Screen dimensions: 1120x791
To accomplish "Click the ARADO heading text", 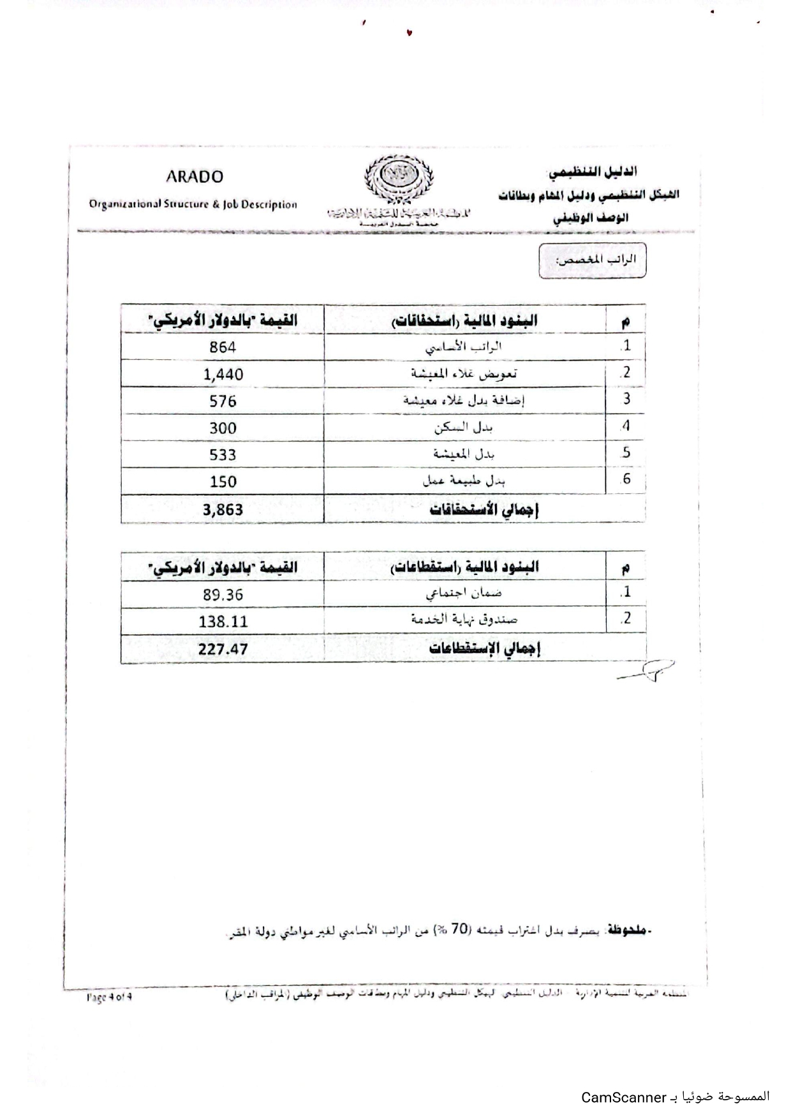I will coord(195,177).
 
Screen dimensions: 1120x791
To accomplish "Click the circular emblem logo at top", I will coord(398,177).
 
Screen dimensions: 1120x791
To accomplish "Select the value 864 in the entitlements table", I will coord(223,347).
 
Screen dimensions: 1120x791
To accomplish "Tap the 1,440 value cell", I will coord(223,375).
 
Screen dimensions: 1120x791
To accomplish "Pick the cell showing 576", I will coord(223,401).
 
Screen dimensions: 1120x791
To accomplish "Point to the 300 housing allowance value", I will coord(223,428).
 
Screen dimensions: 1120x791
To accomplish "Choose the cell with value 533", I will coord(223,455).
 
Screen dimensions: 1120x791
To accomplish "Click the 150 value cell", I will coord(223,482).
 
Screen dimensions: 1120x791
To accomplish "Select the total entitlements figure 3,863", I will coord(223,509).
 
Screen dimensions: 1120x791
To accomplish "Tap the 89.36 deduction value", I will coord(223,595).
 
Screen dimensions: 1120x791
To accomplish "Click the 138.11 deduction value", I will coord(223,622).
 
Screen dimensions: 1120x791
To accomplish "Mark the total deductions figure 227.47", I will coord(223,650).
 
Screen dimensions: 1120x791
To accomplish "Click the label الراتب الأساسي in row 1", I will coord(464,347).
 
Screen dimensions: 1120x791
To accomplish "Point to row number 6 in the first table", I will coord(626,479).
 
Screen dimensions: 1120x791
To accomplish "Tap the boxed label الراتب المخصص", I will coord(593,260).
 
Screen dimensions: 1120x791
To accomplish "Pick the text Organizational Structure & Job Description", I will coord(193,205).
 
